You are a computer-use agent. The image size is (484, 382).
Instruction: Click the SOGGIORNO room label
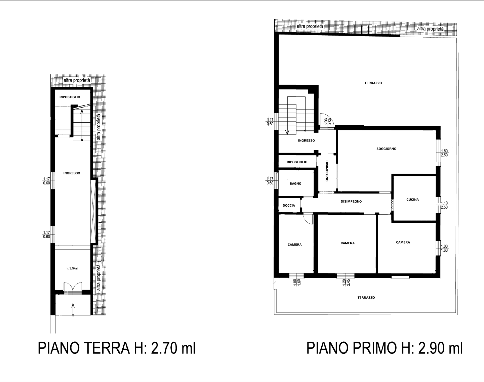coord(386,148)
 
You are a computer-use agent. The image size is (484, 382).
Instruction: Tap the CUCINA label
coord(412,200)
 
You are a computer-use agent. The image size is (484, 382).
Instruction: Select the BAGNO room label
coord(295,184)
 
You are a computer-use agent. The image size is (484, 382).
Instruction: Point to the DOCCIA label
coord(289,205)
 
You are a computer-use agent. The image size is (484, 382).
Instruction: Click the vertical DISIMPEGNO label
coord(327,171)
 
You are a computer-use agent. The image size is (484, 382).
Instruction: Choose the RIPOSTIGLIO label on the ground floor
coord(70,97)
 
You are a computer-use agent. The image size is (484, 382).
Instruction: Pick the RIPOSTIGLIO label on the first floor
coord(297,162)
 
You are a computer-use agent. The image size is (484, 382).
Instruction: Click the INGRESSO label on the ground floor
coord(72,173)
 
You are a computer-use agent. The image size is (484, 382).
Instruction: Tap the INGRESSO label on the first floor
coord(306,141)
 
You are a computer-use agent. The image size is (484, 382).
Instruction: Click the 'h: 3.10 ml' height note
coord(72,268)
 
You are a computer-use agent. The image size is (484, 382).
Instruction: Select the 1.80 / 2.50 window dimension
coord(444,153)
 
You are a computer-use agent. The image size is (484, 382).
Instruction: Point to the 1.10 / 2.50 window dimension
coord(444,205)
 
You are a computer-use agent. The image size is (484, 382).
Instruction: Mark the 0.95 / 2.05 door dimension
coord(327,121)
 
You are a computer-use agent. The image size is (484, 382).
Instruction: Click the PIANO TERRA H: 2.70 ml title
coord(117,348)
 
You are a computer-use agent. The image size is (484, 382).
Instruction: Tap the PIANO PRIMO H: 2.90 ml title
coord(384,348)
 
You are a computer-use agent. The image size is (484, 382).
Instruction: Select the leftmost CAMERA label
coord(294,245)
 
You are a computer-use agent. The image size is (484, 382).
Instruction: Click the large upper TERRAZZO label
coord(373,83)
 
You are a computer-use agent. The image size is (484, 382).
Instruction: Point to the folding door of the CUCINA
coord(392,204)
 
